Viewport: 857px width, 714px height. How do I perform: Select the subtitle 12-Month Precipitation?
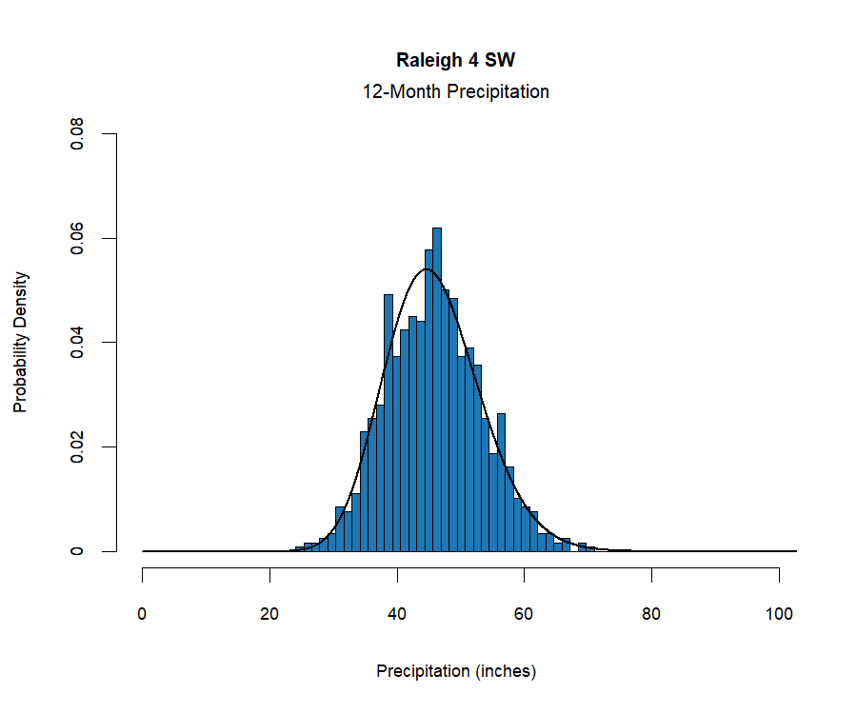pyautogui.click(x=455, y=92)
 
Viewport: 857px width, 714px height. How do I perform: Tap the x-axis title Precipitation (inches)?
pyautogui.click(x=456, y=671)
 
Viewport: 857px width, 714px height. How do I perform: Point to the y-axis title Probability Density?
pyautogui.click(x=20, y=343)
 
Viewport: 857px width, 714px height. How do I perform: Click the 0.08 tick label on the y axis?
pyautogui.click(x=78, y=134)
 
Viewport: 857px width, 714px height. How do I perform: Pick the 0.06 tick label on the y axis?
pyautogui.click(x=78, y=238)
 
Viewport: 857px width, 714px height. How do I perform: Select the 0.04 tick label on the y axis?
pyautogui.click(x=78, y=342)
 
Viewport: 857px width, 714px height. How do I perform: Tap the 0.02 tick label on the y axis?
pyautogui.click(x=78, y=446)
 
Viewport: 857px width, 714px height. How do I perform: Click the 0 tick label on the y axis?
pyautogui.click(x=78, y=551)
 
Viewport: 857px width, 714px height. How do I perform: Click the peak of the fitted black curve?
pyautogui.click(x=426, y=269)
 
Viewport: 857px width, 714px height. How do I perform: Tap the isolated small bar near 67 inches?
pyautogui.click(x=566, y=545)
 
